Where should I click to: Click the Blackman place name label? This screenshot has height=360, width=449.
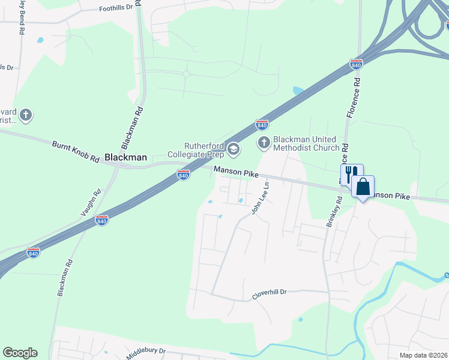125,157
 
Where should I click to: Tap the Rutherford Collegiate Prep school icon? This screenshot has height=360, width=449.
234,148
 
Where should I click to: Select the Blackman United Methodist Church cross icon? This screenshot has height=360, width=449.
264,142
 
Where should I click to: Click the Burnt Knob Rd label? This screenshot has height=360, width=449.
75,152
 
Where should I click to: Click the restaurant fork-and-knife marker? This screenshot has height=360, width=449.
352,174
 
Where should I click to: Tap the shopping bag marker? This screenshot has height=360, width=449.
363,187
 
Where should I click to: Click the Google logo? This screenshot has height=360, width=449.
20,353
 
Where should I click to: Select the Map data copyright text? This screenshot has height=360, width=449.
423,355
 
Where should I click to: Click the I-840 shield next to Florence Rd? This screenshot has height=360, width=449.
357,64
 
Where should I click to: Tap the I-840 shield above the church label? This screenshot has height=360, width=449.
262,124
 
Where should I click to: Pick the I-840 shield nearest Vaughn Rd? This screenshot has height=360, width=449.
102,221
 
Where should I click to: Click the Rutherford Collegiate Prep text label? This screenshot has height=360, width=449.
205,150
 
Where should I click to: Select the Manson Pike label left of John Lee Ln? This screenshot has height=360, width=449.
236,173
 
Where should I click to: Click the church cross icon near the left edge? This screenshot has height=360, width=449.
25,114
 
